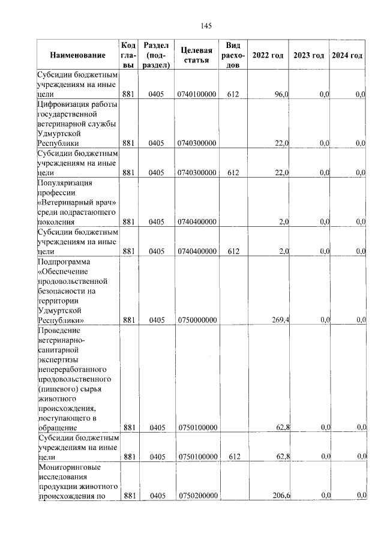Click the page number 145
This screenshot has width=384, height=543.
click(206, 26)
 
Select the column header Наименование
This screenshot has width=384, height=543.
click(77, 56)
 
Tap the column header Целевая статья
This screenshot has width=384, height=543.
click(196, 55)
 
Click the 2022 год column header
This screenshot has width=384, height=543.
click(268, 56)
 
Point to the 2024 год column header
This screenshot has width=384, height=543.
click(347, 56)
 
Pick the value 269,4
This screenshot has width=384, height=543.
click(280, 320)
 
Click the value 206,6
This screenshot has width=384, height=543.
click(280, 496)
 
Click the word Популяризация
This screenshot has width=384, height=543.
click(67, 182)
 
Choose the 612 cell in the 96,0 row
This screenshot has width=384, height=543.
click(233, 95)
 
